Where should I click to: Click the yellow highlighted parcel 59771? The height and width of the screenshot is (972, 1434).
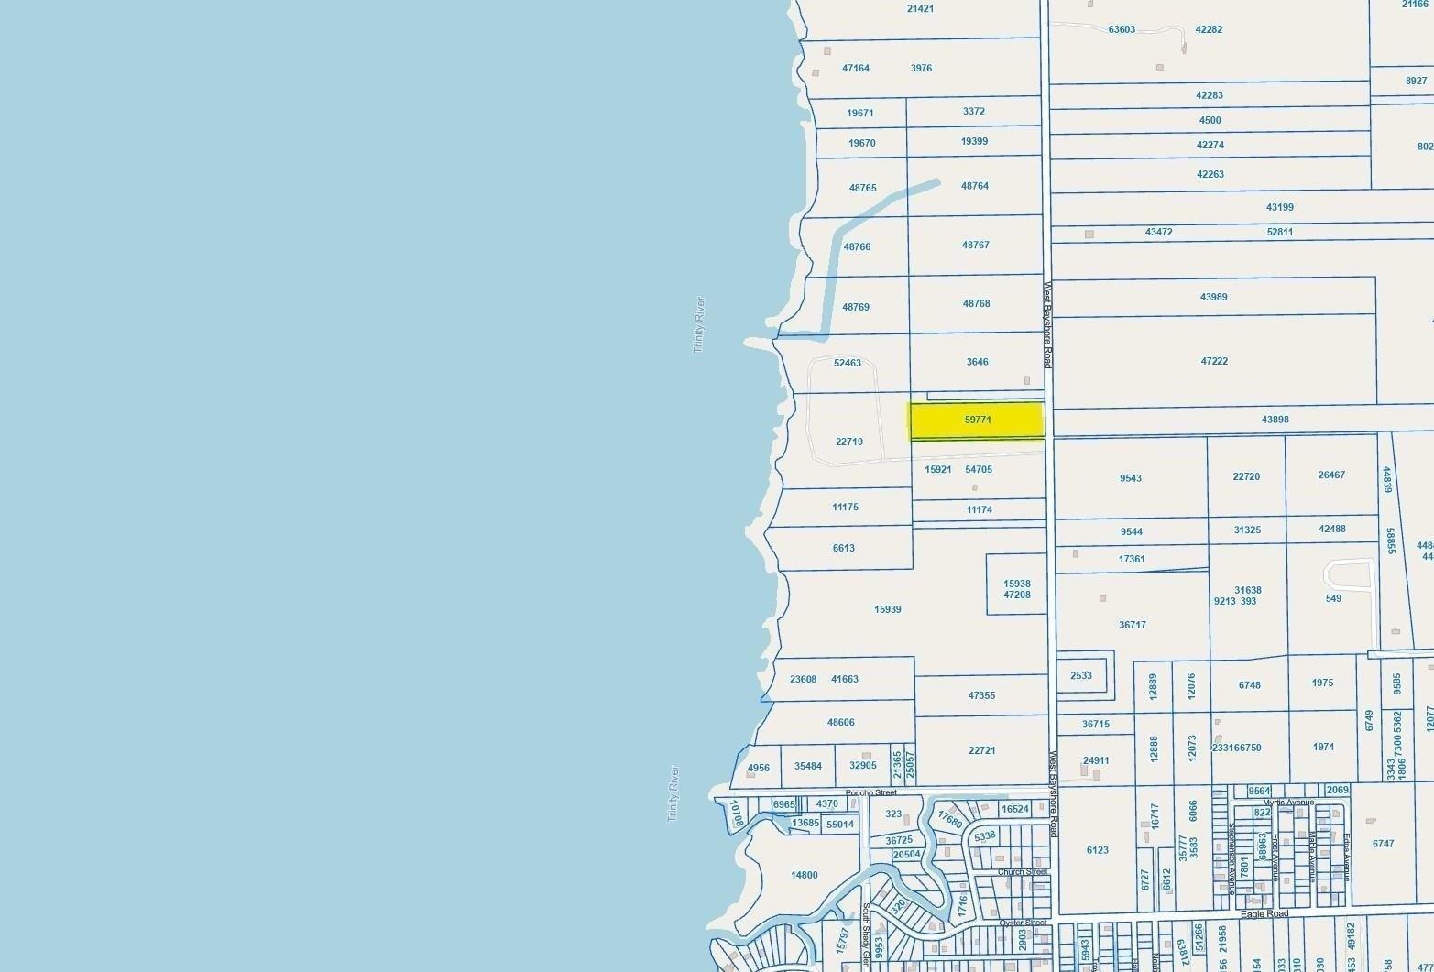977,420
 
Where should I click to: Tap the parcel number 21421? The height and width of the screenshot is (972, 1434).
920,9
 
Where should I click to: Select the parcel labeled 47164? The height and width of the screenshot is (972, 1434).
856,69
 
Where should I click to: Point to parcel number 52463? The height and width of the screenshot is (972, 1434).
848,364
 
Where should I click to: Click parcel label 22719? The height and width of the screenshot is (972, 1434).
849,442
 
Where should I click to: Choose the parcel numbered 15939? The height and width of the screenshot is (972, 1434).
888,609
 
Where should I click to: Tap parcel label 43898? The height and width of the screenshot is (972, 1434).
1275,420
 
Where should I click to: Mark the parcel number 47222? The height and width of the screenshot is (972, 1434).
1214,362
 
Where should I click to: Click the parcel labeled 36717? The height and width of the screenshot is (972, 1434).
1133,626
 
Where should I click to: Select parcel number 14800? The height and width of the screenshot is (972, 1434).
805,876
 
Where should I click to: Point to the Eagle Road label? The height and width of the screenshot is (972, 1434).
1264,914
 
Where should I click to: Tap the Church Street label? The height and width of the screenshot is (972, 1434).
1023,872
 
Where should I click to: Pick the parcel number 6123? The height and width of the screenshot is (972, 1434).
1098,851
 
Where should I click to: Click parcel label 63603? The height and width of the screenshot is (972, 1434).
1122,30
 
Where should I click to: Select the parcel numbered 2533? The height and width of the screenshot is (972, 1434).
1081,676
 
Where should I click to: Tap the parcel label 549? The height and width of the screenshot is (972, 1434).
1333,599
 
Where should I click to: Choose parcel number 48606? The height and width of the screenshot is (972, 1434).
841,723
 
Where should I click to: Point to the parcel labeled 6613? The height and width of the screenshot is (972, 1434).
844,549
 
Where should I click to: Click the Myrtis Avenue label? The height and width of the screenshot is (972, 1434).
1288,803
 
